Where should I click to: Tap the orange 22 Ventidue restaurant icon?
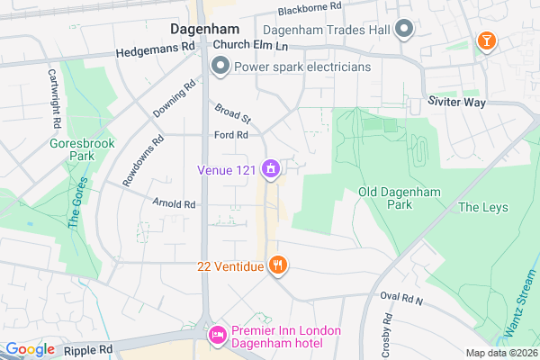[278, 265]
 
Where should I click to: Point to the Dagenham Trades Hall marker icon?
[404, 30]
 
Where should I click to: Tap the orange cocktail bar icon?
[485, 40]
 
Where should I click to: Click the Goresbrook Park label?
[69, 148]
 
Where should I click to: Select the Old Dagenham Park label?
[385, 198]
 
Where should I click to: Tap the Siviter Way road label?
[456, 103]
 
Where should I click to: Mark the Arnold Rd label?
[174, 204]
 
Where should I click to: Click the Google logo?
[31, 349]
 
